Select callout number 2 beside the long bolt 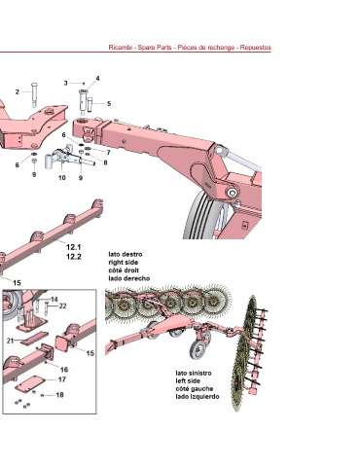[x=18, y=92]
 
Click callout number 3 [x=65, y=83]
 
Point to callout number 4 [x=97, y=78]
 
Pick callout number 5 [x=109, y=104]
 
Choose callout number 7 [x=108, y=153]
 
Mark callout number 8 [x=105, y=162]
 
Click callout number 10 [x=61, y=177]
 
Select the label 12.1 [x=74, y=247]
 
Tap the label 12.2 [x=74, y=257]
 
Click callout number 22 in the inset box [x=62, y=305]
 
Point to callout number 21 [x=10, y=341]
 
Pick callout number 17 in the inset [x=62, y=379]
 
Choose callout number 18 [x=59, y=395]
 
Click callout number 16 [x=64, y=370]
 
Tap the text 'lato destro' [x=126, y=254]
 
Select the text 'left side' [x=188, y=380]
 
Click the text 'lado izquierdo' [x=198, y=396]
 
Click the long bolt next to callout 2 [x=34, y=94]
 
